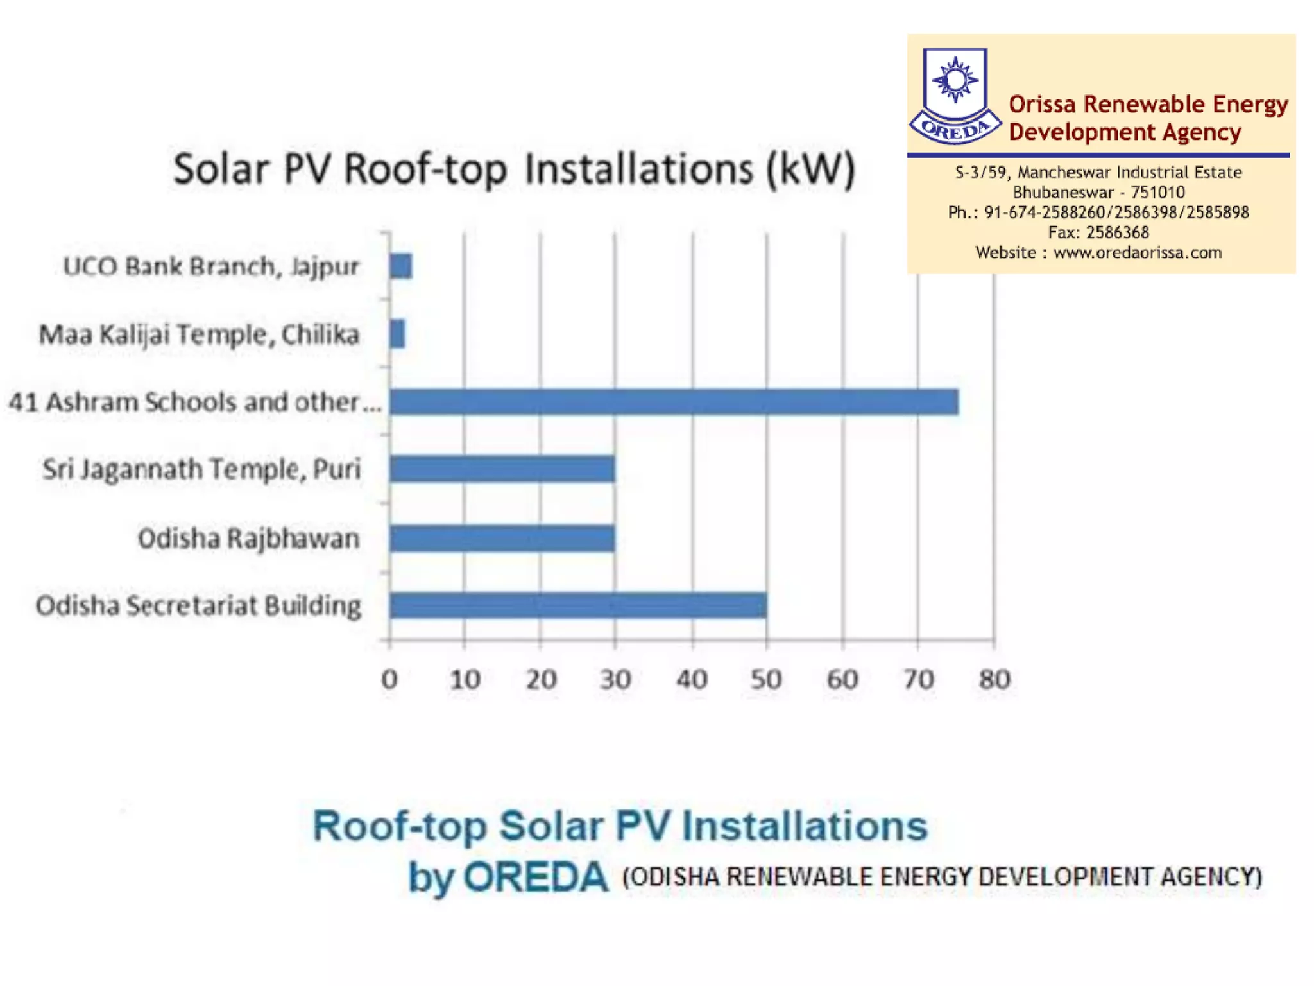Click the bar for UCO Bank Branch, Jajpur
click(x=400, y=266)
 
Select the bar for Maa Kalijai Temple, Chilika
click(x=397, y=334)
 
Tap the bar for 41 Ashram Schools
click(x=674, y=402)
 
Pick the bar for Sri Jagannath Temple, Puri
click(x=502, y=469)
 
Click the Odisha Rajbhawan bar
click(x=502, y=538)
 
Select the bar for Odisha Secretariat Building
click(x=577, y=605)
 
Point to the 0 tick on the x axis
click(x=389, y=679)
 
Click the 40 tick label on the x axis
click(x=692, y=679)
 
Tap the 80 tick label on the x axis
click(x=994, y=679)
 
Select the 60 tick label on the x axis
click(x=842, y=679)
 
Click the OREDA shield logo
click(x=955, y=95)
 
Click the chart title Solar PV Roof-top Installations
click(x=514, y=169)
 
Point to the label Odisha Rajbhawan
click(x=248, y=538)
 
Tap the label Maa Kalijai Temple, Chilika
click(x=199, y=334)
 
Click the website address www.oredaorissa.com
click(x=1137, y=252)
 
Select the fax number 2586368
click(x=1117, y=232)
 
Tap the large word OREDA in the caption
click(x=535, y=877)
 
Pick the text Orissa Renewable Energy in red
click(x=1148, y=104)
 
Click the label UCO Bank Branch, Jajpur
click(x=211, y=266)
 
